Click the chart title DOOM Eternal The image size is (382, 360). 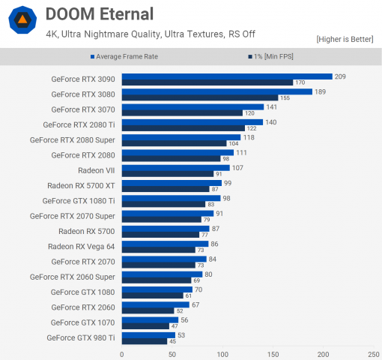point(99,13)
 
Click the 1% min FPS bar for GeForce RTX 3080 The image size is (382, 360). point(199,97)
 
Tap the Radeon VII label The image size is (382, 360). point(97,170)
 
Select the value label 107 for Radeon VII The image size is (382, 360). point(238,167)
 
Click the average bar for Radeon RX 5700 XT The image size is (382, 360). point(172,182)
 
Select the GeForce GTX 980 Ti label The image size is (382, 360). point(81,337)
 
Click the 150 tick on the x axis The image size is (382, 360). point(273,353)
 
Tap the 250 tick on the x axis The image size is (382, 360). point(373,353)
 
